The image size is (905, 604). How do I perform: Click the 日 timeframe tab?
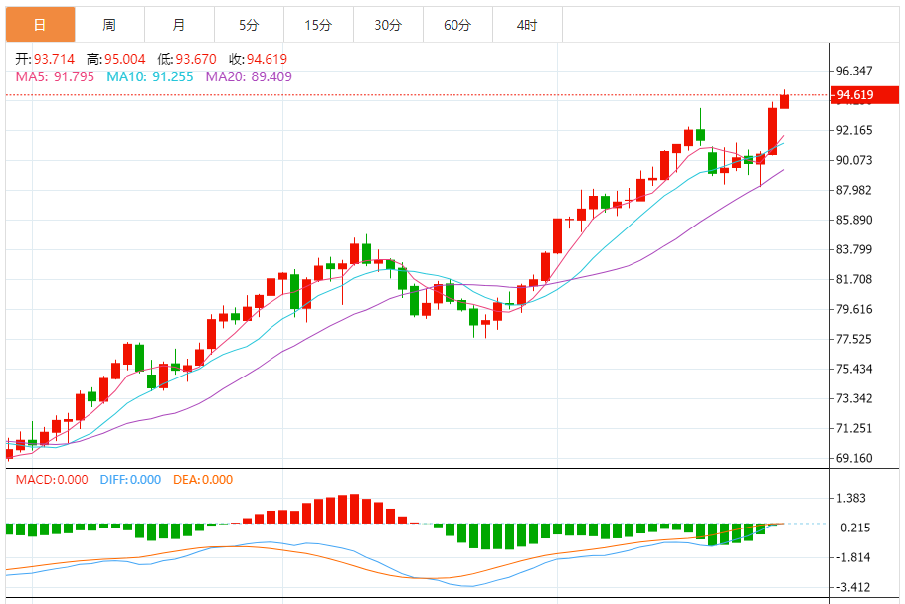39,25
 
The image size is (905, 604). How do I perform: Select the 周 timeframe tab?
108,25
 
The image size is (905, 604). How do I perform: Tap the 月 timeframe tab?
178,25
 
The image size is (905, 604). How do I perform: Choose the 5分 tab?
249,25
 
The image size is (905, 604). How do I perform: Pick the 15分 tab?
318,25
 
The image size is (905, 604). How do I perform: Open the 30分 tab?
388,25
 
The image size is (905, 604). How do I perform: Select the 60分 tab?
457,25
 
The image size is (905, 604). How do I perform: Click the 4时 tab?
527,25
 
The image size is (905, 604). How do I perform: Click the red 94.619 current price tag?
858,95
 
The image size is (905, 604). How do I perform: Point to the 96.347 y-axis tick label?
855,71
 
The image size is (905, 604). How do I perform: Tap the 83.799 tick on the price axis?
855,249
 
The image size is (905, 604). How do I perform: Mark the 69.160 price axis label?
855,458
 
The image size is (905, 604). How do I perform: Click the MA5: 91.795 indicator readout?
55,75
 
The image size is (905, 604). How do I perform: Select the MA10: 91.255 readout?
150,75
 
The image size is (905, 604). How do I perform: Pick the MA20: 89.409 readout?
249,75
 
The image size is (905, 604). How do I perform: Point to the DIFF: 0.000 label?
130,479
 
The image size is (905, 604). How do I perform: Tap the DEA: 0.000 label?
203,479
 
